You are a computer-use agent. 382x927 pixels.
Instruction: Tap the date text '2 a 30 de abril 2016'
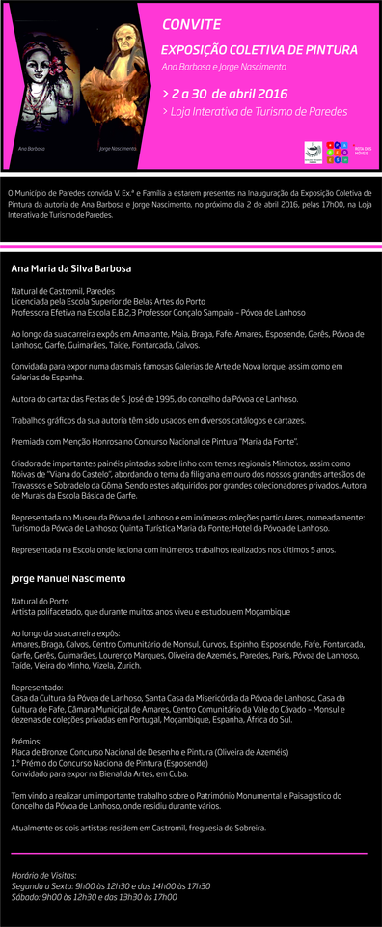230,94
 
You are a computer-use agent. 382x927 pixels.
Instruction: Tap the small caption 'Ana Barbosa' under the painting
32,149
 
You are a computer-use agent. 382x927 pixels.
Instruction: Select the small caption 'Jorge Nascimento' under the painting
118,149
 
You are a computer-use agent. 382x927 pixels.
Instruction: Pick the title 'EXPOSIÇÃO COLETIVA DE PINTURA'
259,49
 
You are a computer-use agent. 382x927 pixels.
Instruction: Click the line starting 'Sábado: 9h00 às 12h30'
94,897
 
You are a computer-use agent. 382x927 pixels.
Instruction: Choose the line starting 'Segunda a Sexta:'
110,885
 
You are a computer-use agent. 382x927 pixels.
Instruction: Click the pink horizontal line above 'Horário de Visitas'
189,854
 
